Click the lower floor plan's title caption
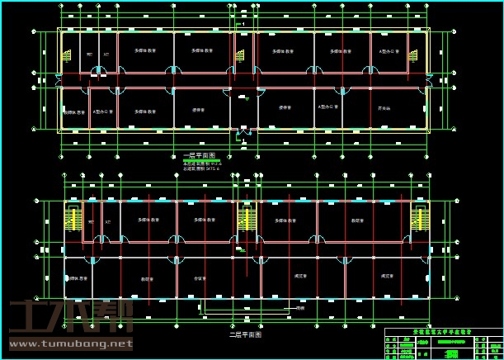(245, 335)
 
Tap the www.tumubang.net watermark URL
(69, 343)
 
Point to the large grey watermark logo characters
(69, 317)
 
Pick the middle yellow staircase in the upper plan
(240, 55)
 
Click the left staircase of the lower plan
(73, 219)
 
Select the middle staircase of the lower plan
(246, 219)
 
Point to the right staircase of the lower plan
(420, 219)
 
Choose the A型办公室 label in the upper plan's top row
(389, 51)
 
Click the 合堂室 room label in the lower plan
(198, 278)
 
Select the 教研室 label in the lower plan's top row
(358, 220)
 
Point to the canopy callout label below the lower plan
(300, 309)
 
